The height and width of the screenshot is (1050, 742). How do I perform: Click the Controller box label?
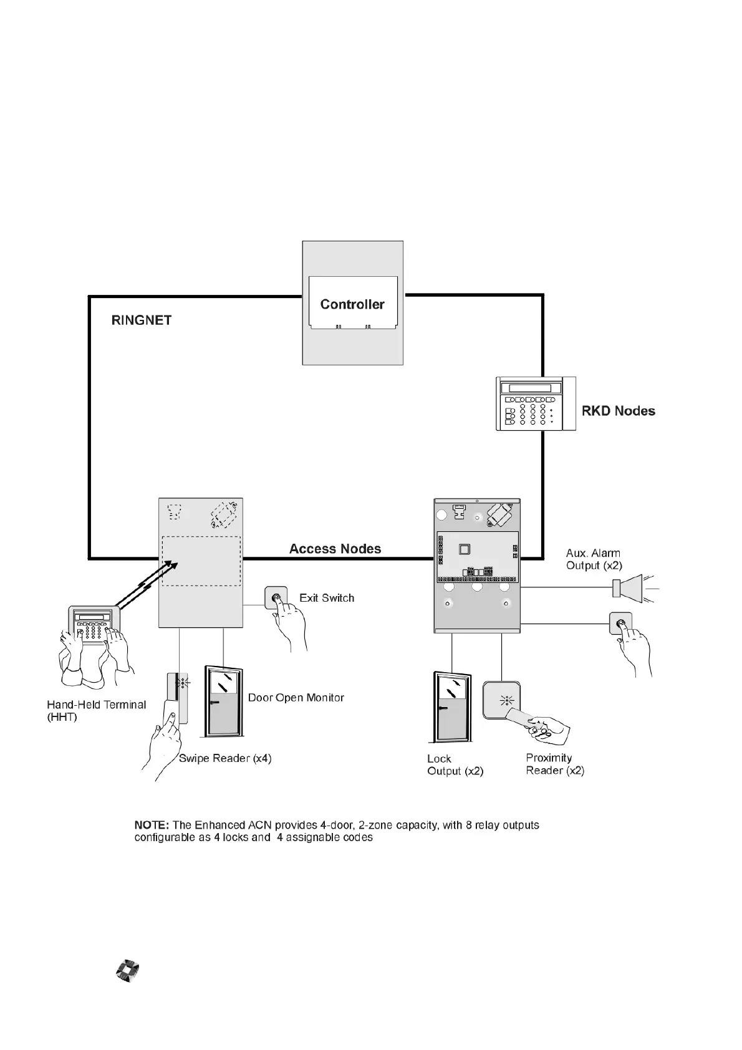(352, 304)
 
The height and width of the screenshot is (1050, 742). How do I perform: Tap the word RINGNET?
(142, 320)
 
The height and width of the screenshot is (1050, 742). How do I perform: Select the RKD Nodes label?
(618, 411)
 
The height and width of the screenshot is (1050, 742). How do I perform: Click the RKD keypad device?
(535, 403)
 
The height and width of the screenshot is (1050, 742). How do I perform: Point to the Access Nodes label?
(335, 549)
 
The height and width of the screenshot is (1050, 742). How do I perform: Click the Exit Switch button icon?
(276, 598)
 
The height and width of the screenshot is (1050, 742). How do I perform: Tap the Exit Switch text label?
(327, 598)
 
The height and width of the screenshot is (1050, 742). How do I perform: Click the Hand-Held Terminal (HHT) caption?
(96, 711)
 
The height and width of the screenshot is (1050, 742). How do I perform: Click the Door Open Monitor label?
(296, 698)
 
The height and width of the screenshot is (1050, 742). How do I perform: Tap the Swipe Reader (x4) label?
(225, 758)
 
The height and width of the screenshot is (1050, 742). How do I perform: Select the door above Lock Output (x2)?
(451, 708)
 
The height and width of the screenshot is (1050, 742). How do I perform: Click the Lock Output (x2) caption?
(455, 765)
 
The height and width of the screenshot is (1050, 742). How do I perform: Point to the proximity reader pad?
(502, 700)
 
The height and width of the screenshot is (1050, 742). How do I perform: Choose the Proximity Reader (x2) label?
(555, 764)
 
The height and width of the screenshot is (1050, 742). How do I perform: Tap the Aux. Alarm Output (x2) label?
(594, 559)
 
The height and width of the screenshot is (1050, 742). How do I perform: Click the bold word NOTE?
(152, 825)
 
